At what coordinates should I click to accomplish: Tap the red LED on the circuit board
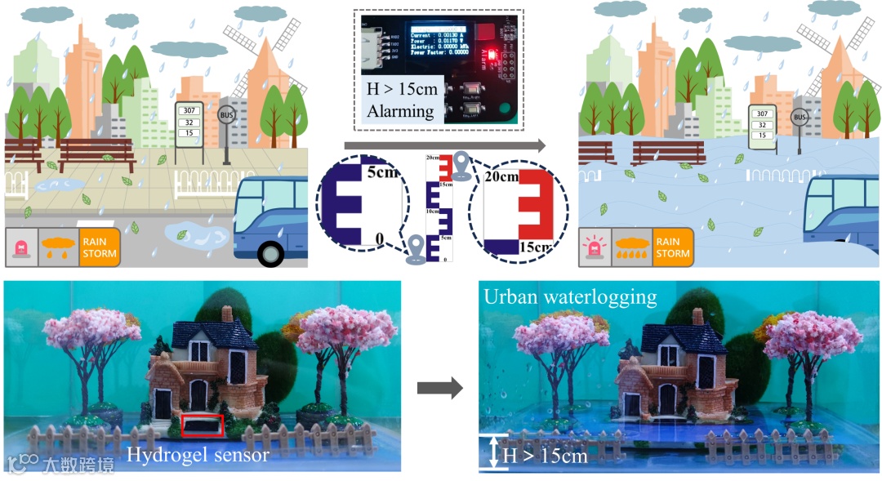coord(481,33)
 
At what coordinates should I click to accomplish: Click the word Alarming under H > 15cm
coord(400,111)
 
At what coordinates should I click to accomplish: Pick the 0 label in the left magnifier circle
coord(377,238)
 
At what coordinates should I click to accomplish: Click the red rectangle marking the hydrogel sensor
coord(203,425)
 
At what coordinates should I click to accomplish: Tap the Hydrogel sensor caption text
coord(198,454)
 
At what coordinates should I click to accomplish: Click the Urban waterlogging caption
coord(570,296)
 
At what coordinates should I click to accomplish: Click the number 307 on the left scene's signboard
coord(189,109)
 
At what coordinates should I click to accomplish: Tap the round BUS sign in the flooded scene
coord(800,118)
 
